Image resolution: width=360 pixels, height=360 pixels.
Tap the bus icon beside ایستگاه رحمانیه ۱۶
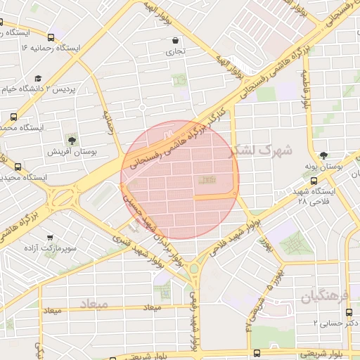point(51,37)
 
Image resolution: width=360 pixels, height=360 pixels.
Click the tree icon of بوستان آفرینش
point(72,139)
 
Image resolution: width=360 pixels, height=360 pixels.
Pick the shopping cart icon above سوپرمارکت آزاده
point(49,238)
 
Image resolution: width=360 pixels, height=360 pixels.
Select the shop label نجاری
point(175,51)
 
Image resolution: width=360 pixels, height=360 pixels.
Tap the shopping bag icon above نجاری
point(175,40)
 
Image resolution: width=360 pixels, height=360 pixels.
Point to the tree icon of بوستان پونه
point(323,155)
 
